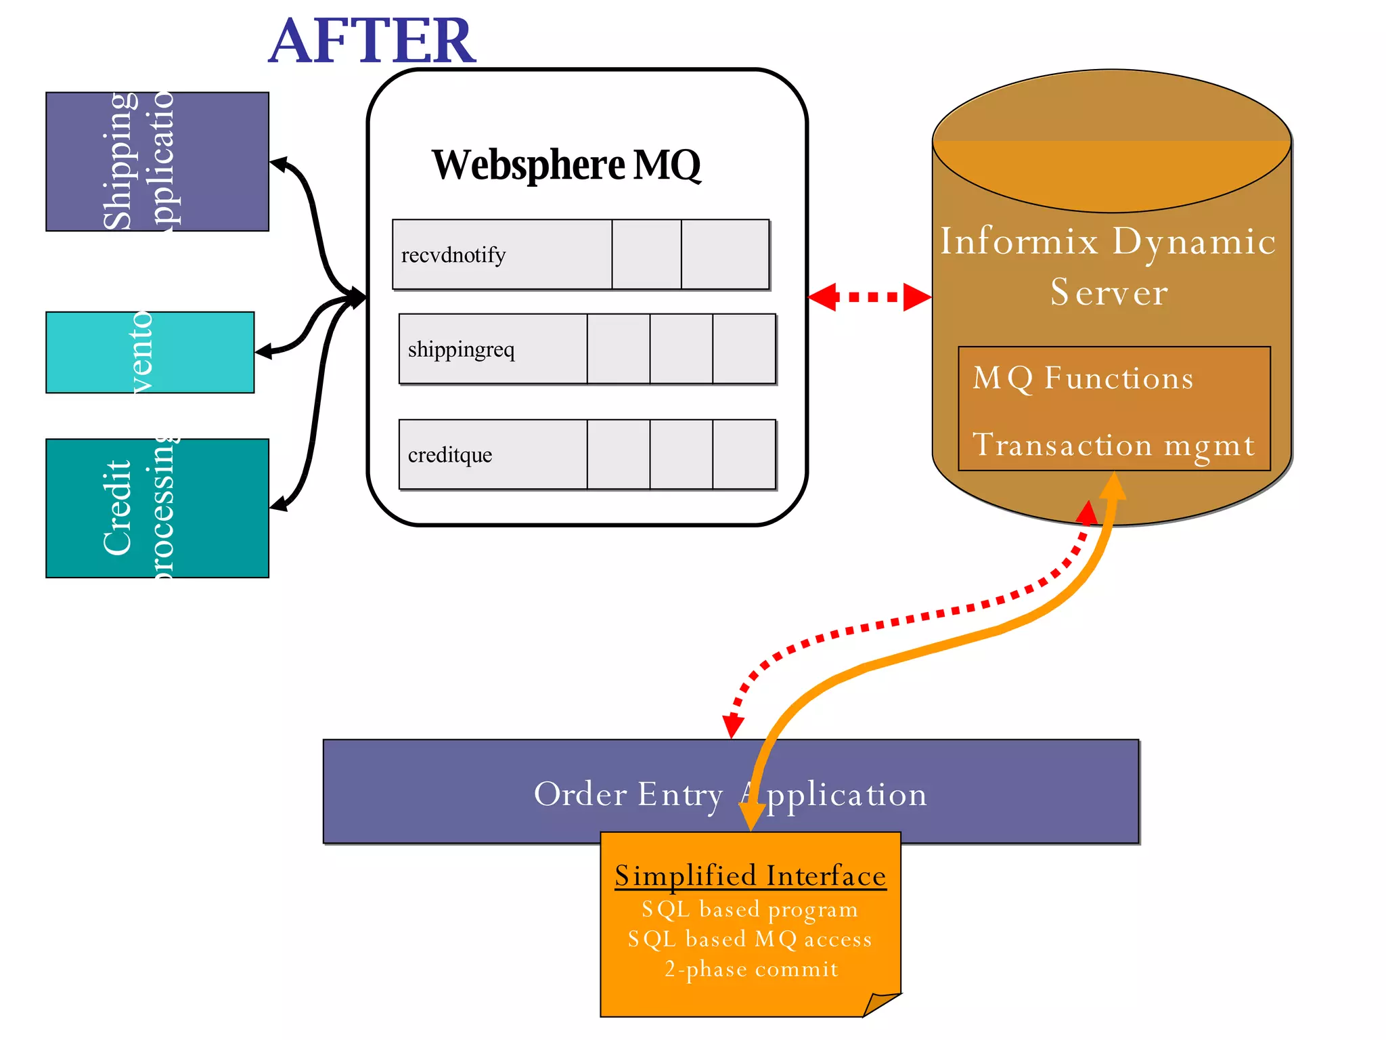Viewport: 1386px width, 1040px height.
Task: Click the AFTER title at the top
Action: pos(372,42)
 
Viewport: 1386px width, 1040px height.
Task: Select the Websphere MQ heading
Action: pos(566,165)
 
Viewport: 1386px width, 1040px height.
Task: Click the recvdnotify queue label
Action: pos(453,255)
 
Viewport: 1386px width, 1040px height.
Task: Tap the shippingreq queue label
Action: pos(461,349)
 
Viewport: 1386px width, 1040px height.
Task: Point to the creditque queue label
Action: pos(450,455)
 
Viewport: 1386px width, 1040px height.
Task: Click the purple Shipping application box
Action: pos(157,162)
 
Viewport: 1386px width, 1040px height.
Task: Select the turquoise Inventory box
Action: pos(150,352)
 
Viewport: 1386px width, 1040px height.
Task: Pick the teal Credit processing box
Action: pos(157,508)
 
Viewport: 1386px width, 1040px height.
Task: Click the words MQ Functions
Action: pos(1083,378)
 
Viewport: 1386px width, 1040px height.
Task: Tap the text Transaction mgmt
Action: pos(1113,445)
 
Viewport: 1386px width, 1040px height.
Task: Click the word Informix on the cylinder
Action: pos(1019,241)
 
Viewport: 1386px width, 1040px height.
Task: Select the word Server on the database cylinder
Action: pos(1109,292)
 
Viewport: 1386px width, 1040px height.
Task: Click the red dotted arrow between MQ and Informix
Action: pos(870,297)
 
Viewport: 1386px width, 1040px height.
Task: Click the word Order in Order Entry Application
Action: pos(580,794)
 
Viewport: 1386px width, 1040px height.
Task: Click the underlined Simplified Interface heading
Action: pos(750,875)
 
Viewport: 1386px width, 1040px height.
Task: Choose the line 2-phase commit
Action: pos(751,969)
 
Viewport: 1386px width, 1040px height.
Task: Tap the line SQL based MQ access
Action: pos(750,939)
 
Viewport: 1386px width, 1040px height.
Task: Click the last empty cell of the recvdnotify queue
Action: pos(725,255)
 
